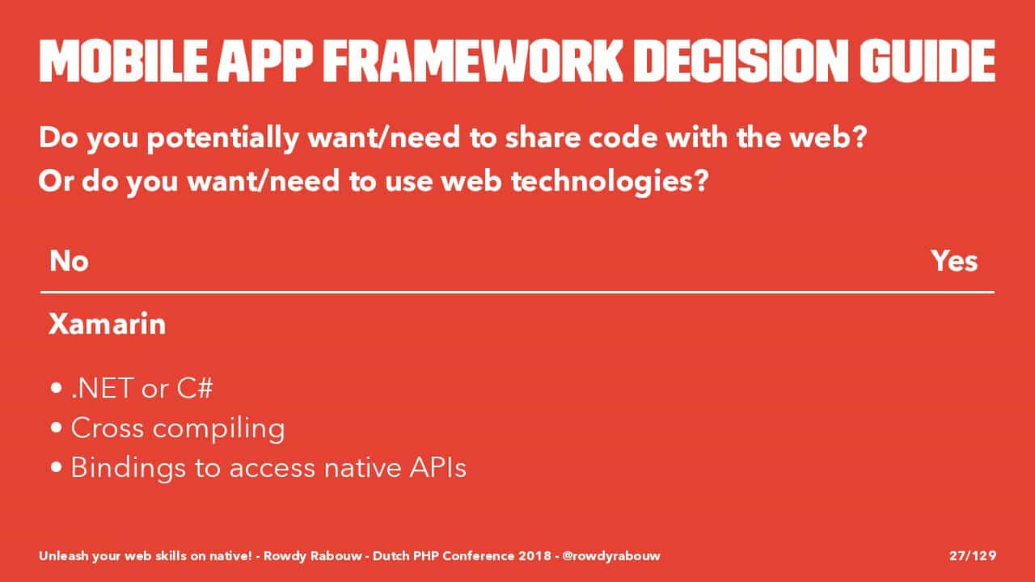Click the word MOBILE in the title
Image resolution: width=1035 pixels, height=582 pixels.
pyautogui.click(x=124, y=61)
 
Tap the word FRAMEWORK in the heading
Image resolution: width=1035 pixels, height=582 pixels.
pyautogui.click(x=473, y=61)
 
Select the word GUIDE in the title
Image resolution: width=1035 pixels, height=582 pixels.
pyautogui.click(x=927, y=61)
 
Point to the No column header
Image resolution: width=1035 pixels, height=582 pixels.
pyautogui.click(x=69, y=261)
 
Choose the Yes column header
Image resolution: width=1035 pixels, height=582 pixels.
pyautogui.click(x=954, y=261)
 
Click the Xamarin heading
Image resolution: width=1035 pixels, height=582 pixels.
pyautogui.click(x=108, y=323)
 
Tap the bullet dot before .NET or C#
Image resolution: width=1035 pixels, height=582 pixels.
pyautogui.click(x=57, y=388)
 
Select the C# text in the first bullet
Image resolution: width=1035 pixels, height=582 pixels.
pyautogui.click(x=195, y=388)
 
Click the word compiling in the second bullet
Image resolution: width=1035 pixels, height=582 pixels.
pyautogui.click(x=218, y=429)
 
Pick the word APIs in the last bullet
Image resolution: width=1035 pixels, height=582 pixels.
pyautogui.click(x=438, y=467)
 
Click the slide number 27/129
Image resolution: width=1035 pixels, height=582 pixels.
pyautogui.click(x=973, y=555)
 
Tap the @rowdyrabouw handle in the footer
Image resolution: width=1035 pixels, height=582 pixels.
pyautogui.click(x=611, y=556)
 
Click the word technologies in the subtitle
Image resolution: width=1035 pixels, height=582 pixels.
pyautogui.click(x=609, y=182)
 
